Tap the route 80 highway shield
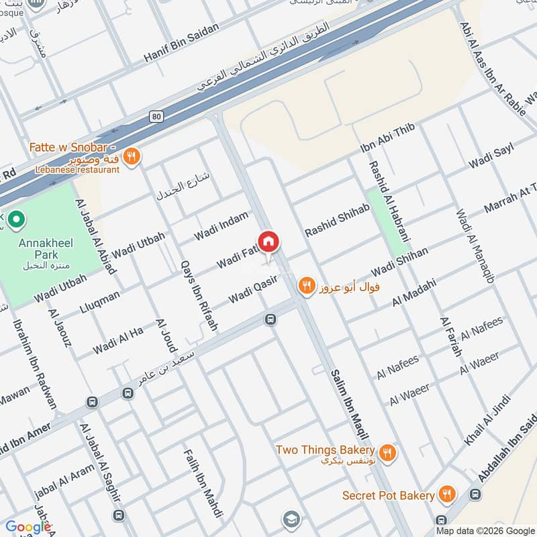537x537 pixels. [x=156, y=117]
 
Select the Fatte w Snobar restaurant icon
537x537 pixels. [x=133, y=155]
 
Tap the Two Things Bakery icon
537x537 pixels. [x=387, y=452]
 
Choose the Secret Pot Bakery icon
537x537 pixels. [x=446, y=495]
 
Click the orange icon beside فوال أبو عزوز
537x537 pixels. [x=306, y=285]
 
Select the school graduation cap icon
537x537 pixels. [x=290, y=518]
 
